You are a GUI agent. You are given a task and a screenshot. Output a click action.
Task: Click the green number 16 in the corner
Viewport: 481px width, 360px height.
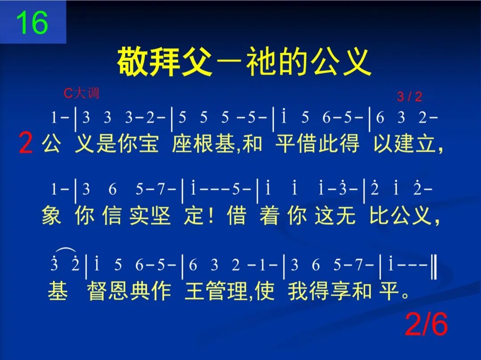tap(32, 23)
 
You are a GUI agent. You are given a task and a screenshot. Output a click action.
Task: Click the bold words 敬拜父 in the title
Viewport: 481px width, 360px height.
tap(164, 62)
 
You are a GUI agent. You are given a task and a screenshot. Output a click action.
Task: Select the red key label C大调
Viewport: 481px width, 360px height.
tap(82, 93)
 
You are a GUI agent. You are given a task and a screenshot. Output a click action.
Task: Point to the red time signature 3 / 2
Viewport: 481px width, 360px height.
tap(409, 97)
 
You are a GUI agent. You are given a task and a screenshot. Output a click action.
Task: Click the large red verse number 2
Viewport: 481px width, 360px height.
tap(26, 144)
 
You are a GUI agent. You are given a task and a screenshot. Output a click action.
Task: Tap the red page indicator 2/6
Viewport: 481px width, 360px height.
tap(426, 325)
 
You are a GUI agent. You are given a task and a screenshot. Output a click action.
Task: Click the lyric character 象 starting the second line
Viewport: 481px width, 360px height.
tap(51, 216)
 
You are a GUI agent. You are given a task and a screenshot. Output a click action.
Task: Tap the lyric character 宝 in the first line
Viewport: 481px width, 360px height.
tap(148, 145)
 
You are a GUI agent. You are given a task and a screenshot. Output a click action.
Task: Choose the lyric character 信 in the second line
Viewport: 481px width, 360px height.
tap(112, 216)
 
